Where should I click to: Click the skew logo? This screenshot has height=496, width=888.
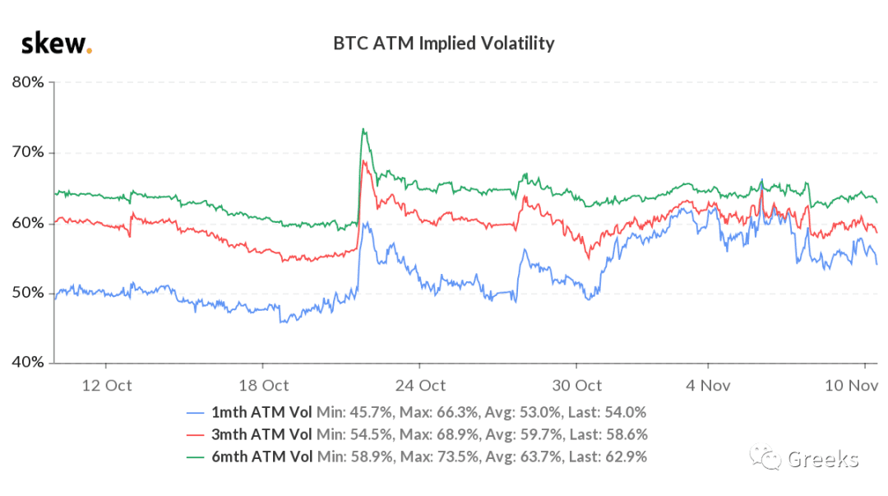coord(56,44)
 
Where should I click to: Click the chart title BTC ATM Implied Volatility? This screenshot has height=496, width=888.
coord(443,44)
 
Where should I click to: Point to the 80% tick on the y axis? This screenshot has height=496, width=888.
coord(28,82)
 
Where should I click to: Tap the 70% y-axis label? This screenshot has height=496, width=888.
coord(28,152)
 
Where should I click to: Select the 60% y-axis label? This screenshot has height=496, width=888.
coord(28,223)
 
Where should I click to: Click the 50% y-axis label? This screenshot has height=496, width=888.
coord(28,293)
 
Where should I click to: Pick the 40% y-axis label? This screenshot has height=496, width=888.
coord(28,362)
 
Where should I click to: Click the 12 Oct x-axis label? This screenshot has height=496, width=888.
coord(106,386)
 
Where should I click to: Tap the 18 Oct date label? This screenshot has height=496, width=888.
coord(263,386)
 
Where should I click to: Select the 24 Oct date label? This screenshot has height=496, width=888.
coord(420,386)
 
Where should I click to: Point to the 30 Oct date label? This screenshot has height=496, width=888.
coord(576,386)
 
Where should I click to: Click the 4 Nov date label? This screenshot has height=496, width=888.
coord(708,386)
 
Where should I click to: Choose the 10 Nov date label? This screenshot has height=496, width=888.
coord(851,386)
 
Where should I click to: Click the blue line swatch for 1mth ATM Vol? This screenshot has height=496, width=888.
coord(195,413)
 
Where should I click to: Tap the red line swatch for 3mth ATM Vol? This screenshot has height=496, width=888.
coord(195,435)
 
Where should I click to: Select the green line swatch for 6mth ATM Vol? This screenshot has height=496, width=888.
coord(195,457)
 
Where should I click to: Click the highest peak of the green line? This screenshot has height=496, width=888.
coord(363,129)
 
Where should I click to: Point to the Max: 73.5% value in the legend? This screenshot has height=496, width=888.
coord(439,457)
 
